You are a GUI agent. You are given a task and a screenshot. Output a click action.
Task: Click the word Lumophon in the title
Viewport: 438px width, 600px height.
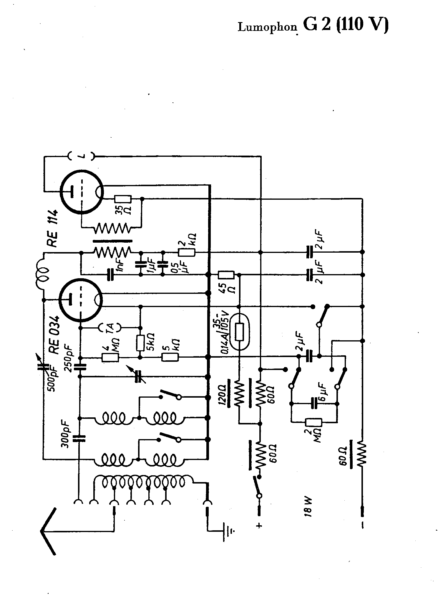point(267,27)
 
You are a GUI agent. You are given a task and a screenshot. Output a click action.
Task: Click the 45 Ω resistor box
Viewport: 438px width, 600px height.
point(226,275)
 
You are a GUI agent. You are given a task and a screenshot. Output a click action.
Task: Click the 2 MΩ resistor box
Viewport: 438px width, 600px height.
point(314,423)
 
